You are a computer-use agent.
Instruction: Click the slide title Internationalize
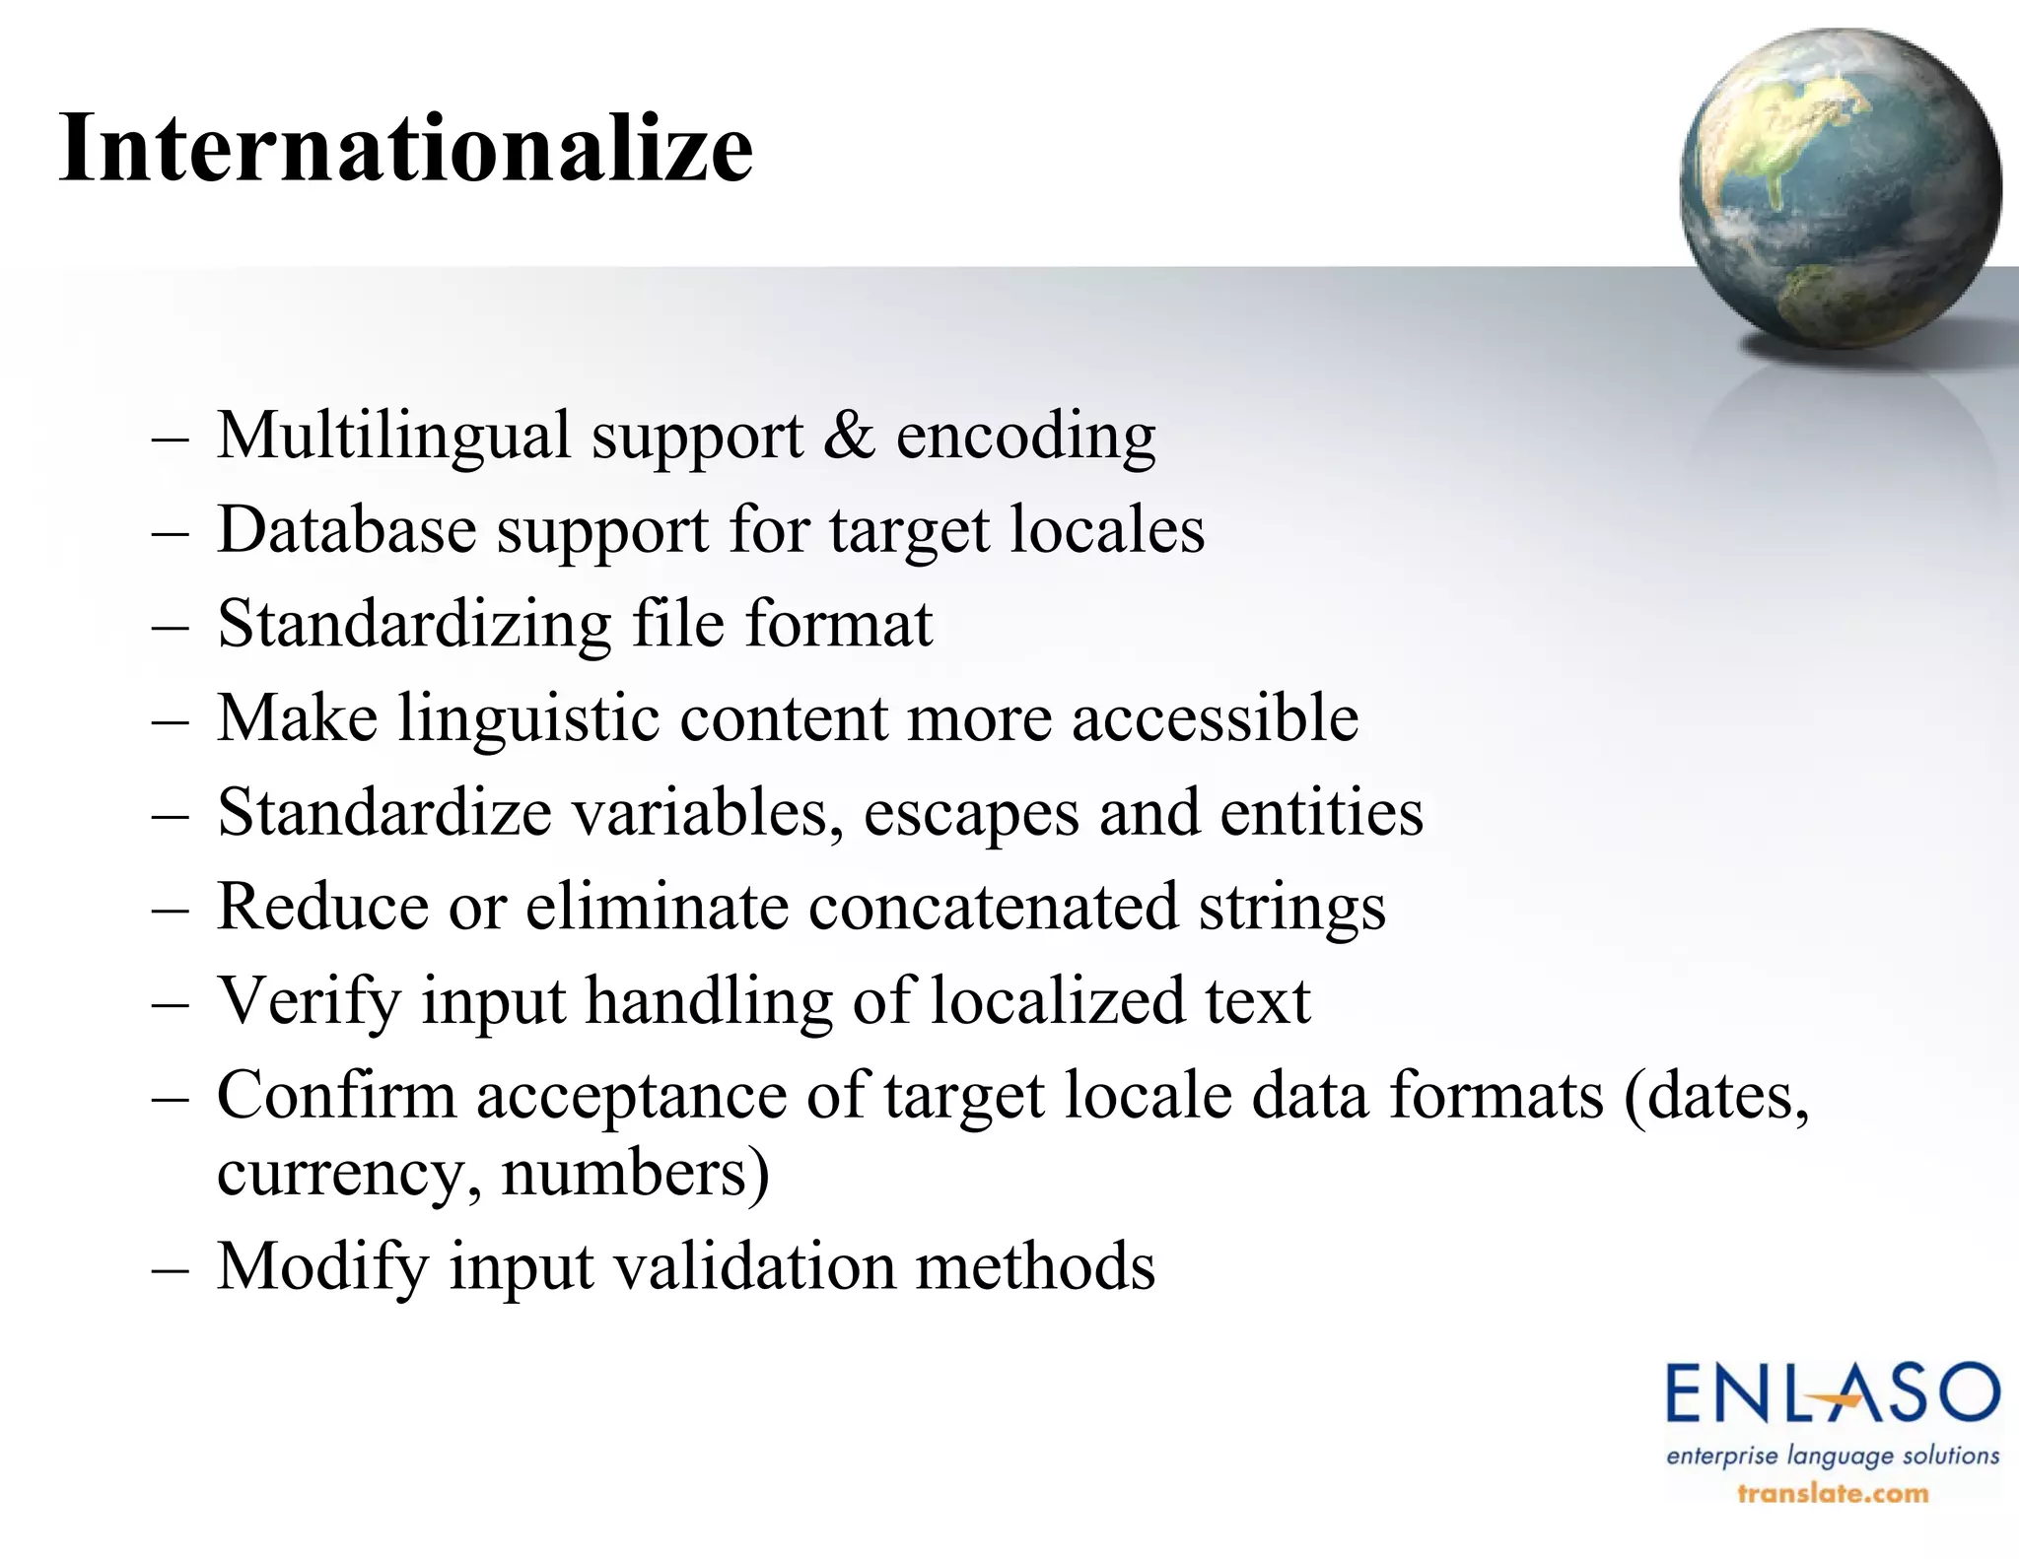(x=406, y=148)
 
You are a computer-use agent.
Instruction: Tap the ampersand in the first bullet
(x=848, y=435)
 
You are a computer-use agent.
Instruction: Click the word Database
(x=346, y=529)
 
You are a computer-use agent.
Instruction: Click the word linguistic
(x=528, y=718)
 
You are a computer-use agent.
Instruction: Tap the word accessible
(x=1215, y=716)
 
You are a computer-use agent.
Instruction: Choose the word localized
(x=1058, y=1000)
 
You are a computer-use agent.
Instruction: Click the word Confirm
(x=336, y=1095)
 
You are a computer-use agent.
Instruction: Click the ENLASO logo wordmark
(x=1832, y=1393)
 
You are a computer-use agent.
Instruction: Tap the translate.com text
(x=1832, y=1493)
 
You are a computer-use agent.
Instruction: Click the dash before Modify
(x=171, y=1267)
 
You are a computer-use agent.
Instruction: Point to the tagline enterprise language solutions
(x=1832, y=1456)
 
